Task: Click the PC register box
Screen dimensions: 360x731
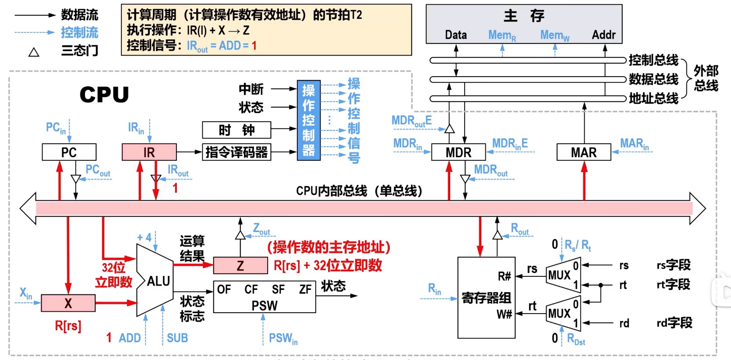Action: [x=69, y=152]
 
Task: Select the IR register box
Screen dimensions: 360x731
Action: [x=149, y=152]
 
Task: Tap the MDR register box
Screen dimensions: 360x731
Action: [x=458, y=152]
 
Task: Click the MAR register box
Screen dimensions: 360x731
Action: [x=583, y=152]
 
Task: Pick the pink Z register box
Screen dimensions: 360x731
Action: [x=240, y=266]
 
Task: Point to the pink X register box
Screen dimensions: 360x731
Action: [x=68, y=303]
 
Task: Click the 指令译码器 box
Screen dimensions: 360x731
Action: [x=237, y=152]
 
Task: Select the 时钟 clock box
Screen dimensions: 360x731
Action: [x=237, y=130]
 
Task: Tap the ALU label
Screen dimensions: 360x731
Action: [x=158, y=281]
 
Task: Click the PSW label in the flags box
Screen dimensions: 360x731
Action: [x=264, y=306]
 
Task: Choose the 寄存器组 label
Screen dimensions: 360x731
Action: [x=486, y=298]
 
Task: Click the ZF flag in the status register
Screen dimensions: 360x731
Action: [x=305, y=289]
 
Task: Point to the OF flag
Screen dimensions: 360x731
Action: [x=224, y=289]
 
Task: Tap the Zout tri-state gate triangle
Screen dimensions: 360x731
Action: [x=240, y=236]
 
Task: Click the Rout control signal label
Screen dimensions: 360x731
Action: [x=520, y=229]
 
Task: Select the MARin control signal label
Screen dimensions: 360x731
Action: [x=634, y=144]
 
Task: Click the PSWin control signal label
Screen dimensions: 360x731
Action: [x=283, y=339]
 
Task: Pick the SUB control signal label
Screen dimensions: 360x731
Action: [x=177, y=338]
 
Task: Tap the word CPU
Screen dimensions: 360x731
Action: [x=104, y=95]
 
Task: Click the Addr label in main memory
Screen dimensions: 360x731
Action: [x=604, y=35]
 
